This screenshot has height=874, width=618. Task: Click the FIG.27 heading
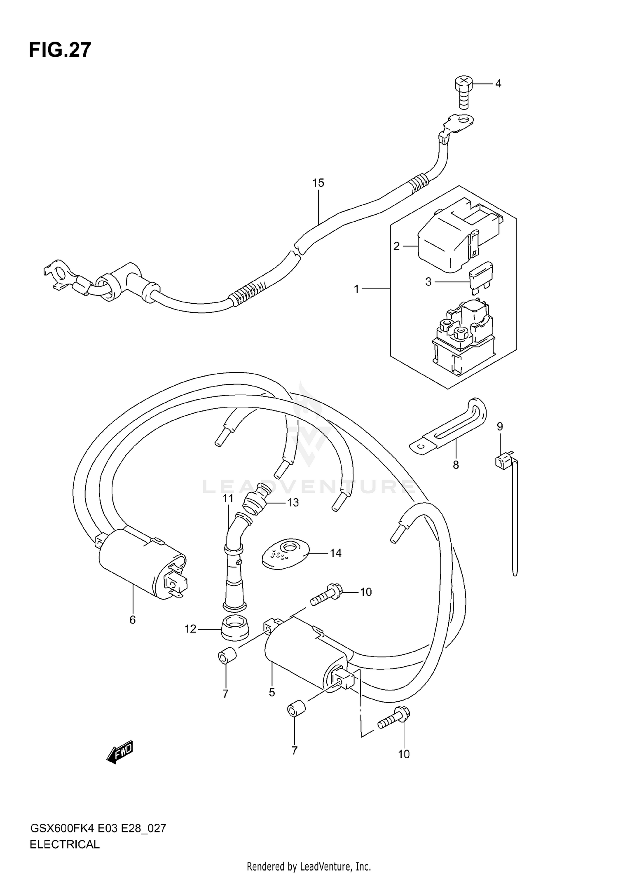[x=60, y=50]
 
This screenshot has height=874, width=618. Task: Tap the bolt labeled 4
[x=463, y=91]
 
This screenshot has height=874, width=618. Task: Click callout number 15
[x=318, y=183]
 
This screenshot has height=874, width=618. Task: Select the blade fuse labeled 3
[x=481, y=276]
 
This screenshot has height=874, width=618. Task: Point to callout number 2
[x=396, y=246]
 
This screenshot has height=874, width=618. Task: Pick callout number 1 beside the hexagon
[x=357, y=289]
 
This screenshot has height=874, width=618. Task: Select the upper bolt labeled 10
[x=325, y=595]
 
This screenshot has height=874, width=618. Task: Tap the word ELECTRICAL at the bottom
[x=65, y=844]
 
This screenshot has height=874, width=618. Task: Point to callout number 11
[x=228, y=499]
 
